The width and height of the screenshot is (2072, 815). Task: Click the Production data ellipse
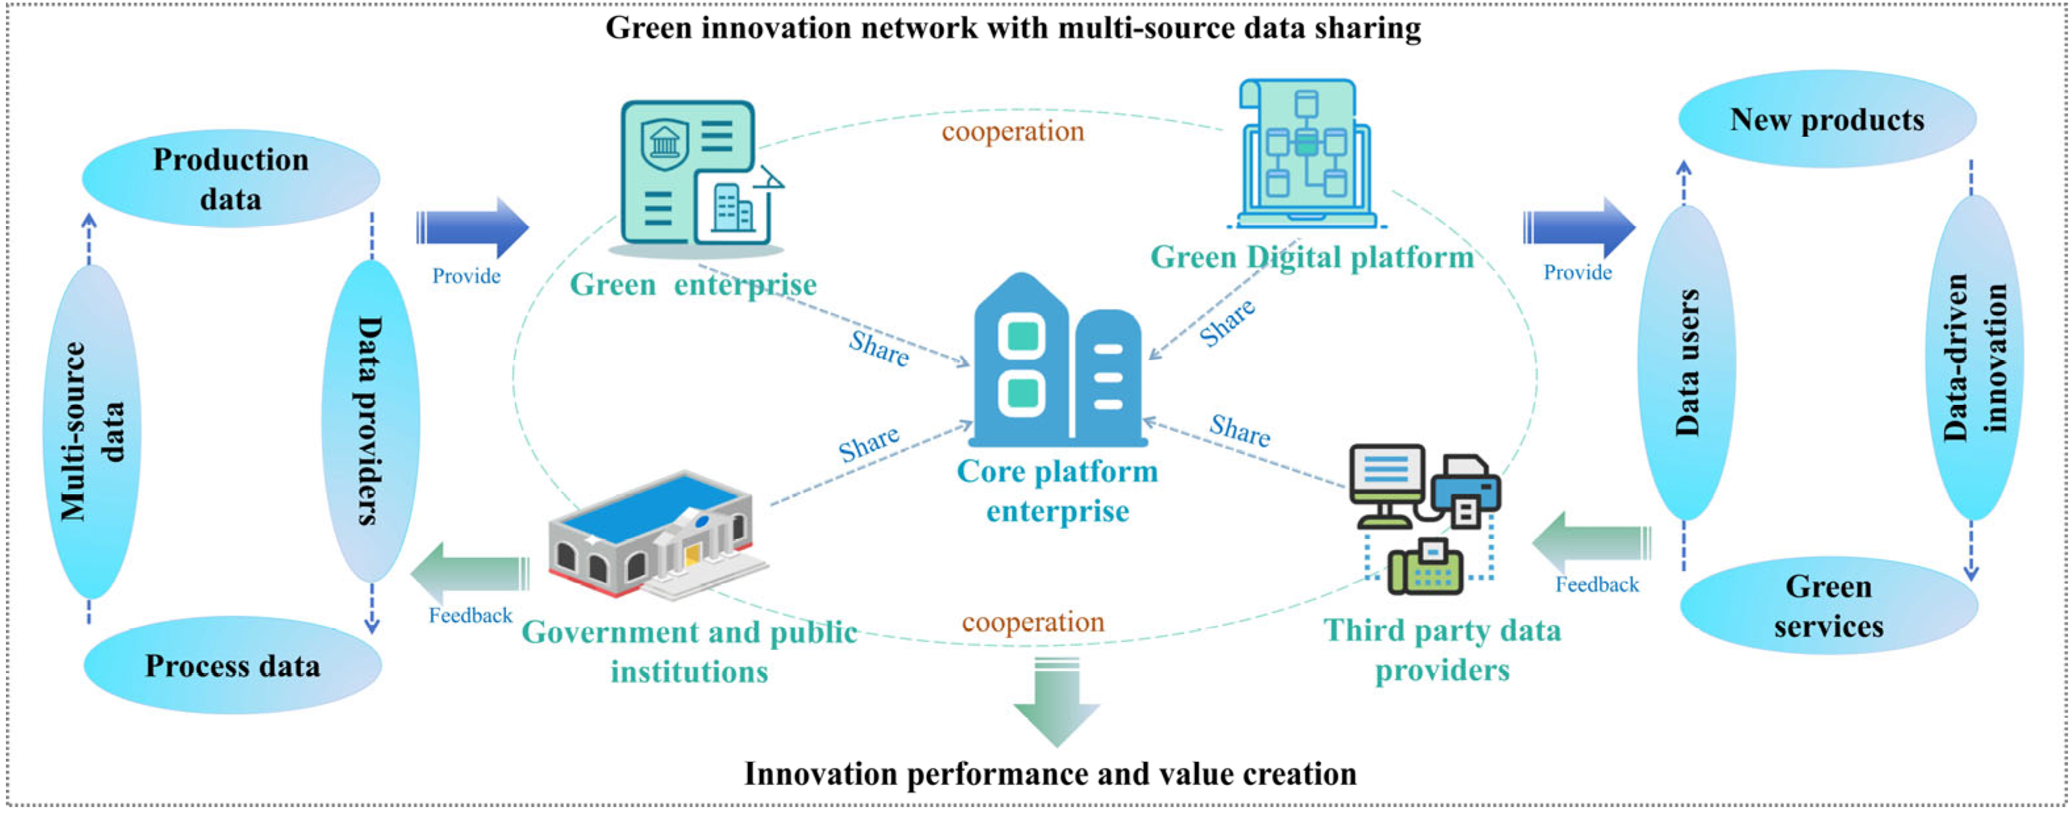pyautogui.click(x=231, y=179)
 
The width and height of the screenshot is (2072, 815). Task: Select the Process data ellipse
pyautogui.click(x=233, y=665)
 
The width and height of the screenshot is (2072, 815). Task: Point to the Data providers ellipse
pyautogui.click(x=370, y=421)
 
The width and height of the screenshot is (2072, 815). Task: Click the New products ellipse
pyautogui.click(x=1827, y=119)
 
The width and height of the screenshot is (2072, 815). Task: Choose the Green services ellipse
pyautogui.click(x=1828, y=606)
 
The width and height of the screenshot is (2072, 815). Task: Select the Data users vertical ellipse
pyautogui.click(x=1686, y=362)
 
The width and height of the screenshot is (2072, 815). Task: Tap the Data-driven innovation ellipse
pyautogui.click(x=1974, y=358)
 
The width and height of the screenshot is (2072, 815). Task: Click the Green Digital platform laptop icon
pyautogui.click(x=1306, y=153)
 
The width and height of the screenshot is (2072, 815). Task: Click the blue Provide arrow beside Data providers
pyautogui.click(x=472, y=227)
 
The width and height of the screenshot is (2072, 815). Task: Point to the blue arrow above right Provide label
pyautogui.click(x=1578, y=227)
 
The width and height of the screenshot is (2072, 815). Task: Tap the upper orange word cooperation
pyautogui.click(x=1013, y=131)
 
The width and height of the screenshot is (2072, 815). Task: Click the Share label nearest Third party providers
pyautogui.click(x=1240, y=431)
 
